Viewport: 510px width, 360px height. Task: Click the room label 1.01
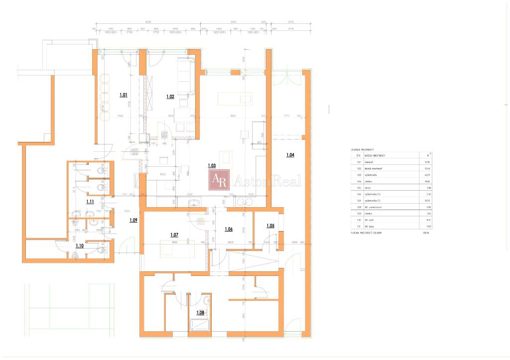124,94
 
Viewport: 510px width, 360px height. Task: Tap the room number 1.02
170,97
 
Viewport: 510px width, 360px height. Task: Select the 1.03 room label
212,165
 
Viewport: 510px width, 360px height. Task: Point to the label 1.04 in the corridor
290,155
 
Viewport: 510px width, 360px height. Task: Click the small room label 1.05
270,226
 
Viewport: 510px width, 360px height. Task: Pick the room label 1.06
229,229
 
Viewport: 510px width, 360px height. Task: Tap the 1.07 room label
174,235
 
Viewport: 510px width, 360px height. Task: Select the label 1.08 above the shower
200,313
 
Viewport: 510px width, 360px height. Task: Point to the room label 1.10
79,245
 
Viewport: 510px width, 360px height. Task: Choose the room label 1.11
90,202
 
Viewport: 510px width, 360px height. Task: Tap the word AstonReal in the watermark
267,180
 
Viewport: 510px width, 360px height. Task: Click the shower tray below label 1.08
201,325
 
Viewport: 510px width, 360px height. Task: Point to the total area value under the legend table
425,233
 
